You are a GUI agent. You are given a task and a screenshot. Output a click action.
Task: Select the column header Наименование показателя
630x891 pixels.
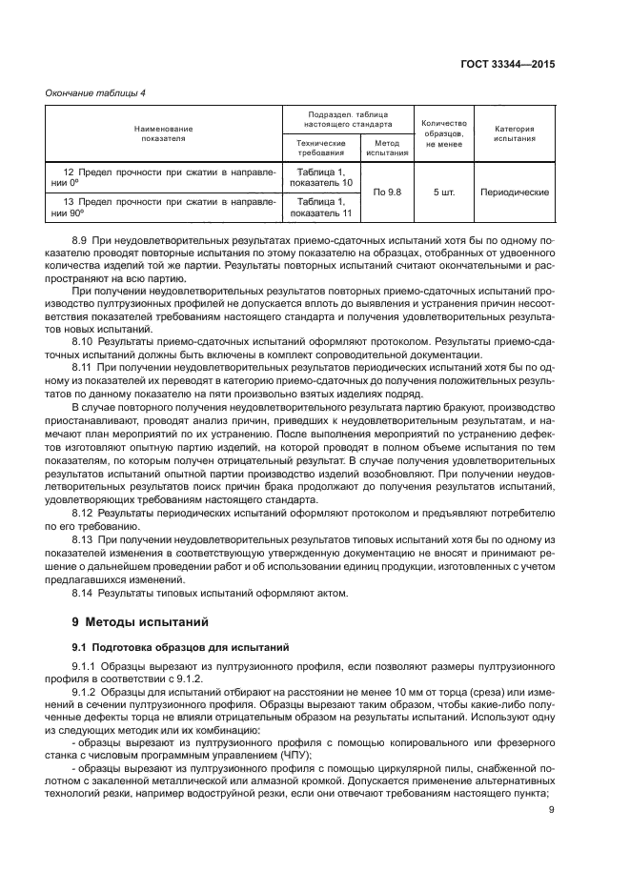(163, 133)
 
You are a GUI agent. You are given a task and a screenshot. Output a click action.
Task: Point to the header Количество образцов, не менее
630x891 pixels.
(444, 133)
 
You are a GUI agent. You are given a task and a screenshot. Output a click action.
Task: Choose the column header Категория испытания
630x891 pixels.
(515, 133)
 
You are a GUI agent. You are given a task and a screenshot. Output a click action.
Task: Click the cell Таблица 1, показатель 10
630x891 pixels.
(320, 176)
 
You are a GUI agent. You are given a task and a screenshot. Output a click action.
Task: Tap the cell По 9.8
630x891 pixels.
(387, 192)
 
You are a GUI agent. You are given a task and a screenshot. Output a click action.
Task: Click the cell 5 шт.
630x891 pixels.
(444, 192)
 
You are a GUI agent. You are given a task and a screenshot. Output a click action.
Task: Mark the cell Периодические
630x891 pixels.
(515, 192)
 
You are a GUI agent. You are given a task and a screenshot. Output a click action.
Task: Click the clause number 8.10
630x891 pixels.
(86, 339)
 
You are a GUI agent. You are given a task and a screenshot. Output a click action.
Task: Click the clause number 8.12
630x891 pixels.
(86, 513)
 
